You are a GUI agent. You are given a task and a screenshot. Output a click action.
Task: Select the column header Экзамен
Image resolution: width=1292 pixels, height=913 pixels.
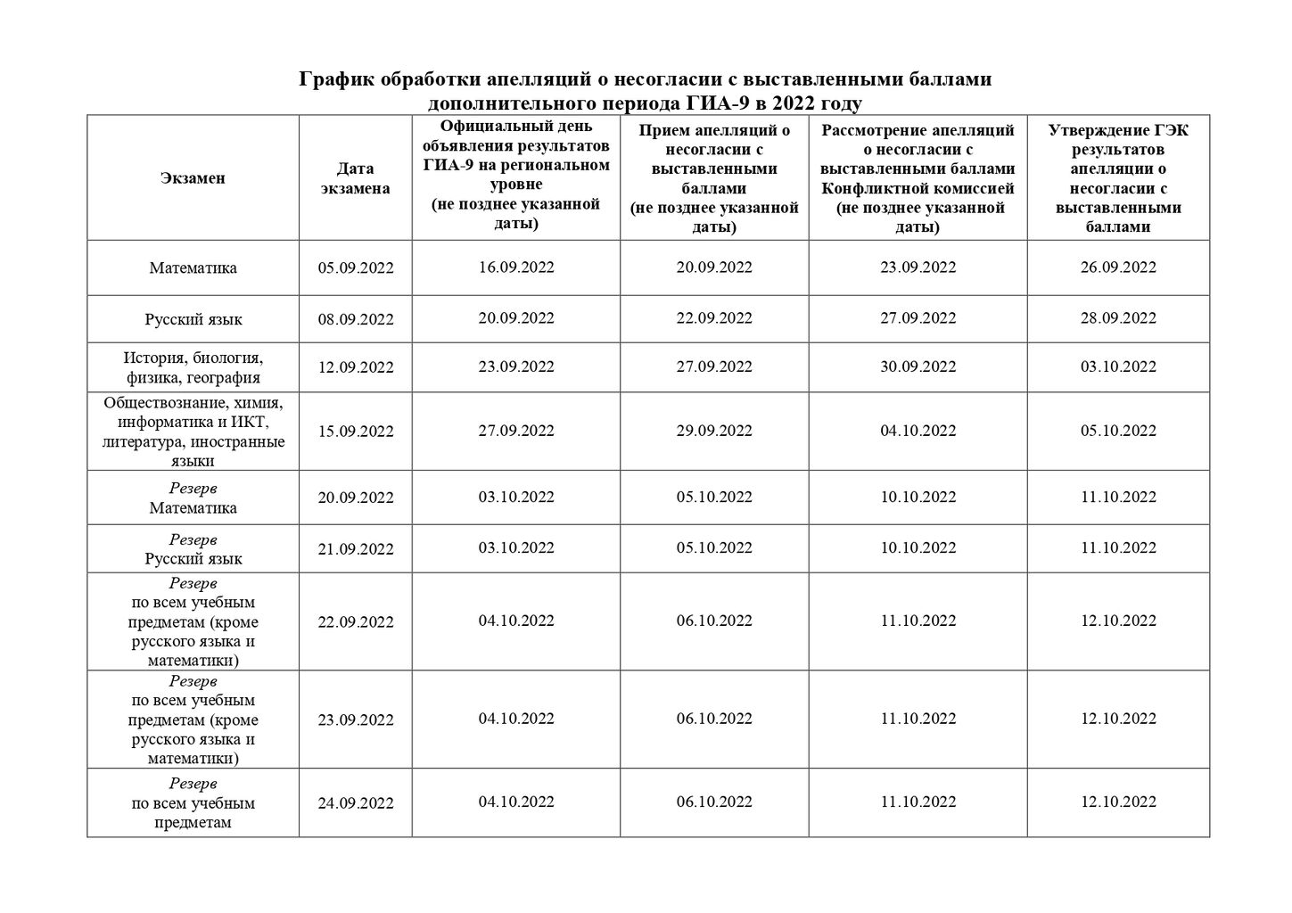pos(193,177)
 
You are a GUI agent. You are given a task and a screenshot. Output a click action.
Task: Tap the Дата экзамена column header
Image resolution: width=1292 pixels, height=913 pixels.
pos(355,177)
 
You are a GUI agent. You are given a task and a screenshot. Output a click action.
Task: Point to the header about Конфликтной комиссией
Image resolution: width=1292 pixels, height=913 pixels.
pos(918,178)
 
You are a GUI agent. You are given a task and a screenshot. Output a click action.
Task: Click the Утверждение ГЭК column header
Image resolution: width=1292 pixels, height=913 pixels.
pos(1118,178)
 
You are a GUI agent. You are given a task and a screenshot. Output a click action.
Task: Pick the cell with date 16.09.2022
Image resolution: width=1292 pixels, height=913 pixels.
pos(515,267)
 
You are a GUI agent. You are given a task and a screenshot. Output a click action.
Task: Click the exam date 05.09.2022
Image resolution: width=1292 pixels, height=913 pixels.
pos(355,268)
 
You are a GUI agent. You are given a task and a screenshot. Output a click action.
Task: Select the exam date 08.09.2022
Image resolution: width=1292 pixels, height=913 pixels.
pos(355,319)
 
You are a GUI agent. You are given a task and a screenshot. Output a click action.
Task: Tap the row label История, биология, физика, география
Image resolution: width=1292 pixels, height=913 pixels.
pos(193,367)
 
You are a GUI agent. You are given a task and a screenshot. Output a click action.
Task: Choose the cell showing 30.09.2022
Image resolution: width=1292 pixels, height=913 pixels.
pos(918,366)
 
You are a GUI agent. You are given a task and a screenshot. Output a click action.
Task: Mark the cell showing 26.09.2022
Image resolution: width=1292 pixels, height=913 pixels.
pos(1118,267)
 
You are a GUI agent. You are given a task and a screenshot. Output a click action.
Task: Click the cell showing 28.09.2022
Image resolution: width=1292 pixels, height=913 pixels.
pos(1118,318)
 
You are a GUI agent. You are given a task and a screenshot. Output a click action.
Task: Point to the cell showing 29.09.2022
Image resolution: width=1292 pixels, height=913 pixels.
pos(714,431)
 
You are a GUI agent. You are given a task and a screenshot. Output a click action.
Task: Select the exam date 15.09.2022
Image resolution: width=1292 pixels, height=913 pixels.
pos(355,432)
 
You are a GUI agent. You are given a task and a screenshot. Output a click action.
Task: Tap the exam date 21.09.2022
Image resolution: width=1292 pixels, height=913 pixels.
pos(355,549)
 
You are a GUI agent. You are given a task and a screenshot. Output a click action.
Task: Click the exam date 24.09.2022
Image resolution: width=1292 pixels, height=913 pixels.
pos(355,803)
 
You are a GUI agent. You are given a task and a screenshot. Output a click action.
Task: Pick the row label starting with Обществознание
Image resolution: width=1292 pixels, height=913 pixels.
pos(193,432)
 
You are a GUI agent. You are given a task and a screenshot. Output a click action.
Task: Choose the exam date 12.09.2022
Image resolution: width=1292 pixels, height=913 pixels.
pos(355,367)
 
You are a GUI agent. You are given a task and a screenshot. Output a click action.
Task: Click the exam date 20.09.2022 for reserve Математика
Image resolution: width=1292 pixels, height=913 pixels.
pos(355,498)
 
